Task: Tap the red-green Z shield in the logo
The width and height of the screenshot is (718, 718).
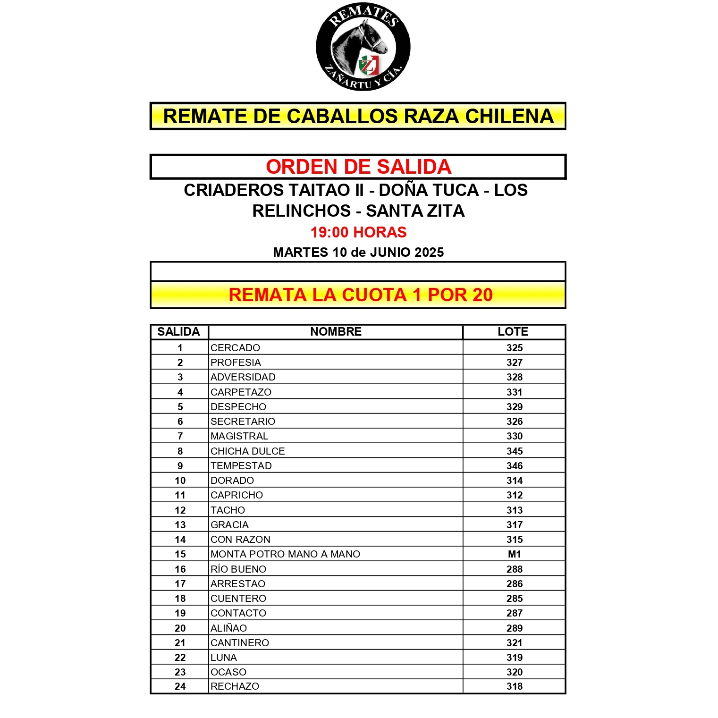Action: click(x=368, y=65)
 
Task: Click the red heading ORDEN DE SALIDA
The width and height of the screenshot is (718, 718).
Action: click(x=358, y=167)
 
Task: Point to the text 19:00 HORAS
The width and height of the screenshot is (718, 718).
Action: click(x=358, y=232)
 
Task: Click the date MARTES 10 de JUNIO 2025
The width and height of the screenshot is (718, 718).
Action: click(x=358, y=252)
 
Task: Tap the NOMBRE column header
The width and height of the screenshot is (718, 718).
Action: click(x=336, y=332)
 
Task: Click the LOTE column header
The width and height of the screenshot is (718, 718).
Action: click(x=513, y=332)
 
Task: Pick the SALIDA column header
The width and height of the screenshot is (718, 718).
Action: click(x=178, y=332)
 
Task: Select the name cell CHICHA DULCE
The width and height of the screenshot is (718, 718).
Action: click(x=247, y=451)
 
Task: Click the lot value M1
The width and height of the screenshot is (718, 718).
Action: click(x=514, y=554)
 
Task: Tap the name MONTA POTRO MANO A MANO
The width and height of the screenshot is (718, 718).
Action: click(x=285, y=554)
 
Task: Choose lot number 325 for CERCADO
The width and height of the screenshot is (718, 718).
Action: click(x=514, y=348)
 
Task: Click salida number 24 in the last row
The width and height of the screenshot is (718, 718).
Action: click(x=180, y=686)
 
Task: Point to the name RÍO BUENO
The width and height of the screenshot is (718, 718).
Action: click(x=238, y=569)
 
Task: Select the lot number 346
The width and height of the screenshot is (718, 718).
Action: click(x=514, y=465)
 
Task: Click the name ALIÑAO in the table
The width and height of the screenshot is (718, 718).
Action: click(x=228, y=628)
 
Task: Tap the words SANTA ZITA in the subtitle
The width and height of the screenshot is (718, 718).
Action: click(x=415, y=211)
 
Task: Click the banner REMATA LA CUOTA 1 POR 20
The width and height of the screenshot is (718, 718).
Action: click(x=360, y=295)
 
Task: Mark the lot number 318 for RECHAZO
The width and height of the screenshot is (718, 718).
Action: click(x=514, y=686)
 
